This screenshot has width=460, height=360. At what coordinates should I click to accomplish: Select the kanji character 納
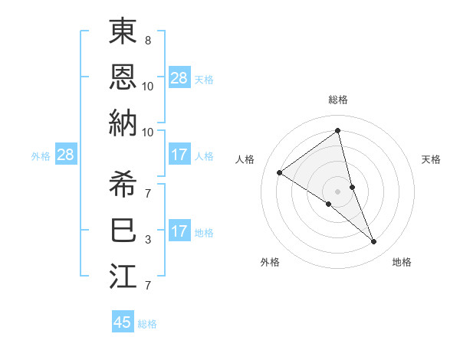point(123,123)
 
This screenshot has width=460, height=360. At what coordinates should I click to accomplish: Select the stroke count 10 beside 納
point(148,132)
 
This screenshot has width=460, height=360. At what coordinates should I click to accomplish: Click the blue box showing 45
point(123,322)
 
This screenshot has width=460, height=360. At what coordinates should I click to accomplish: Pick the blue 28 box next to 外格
point(65,155)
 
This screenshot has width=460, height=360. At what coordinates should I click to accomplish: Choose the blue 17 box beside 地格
point(179,232)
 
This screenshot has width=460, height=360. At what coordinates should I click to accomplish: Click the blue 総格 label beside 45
point(147,324)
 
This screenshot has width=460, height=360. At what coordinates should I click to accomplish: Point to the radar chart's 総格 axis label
point(338,100)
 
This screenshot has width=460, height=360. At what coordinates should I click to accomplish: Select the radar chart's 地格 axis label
point(402,262)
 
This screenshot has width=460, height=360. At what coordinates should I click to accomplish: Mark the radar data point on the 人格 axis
point(280,172)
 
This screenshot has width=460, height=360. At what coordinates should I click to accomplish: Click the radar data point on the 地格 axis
point(374,242)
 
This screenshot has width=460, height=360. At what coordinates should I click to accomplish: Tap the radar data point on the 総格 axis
point(338,131)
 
